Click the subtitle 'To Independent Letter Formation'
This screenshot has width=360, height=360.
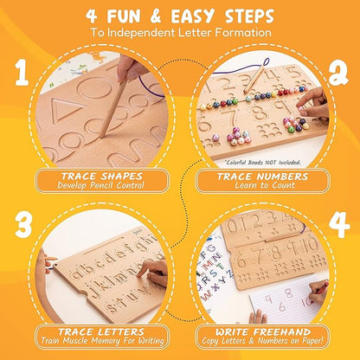tap(179, 34)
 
